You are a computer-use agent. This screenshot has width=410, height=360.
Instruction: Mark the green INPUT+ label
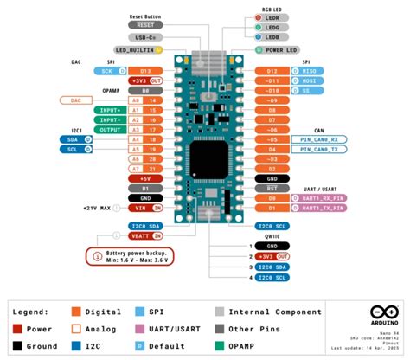pyautogui.click(x=111, y=110)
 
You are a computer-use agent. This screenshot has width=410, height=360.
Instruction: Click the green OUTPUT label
pyautogui.click(x=111, y=130)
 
